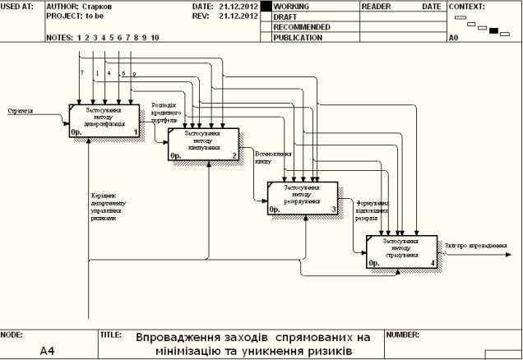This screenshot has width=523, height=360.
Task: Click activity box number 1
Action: point(105,120)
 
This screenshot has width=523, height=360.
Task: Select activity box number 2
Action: point(203,144)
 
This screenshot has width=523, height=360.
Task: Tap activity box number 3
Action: point(303,198)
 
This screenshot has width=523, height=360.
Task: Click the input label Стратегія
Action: point(21,110)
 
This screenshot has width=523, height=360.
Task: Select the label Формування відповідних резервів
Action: point(373,210)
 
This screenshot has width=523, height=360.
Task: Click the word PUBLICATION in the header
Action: point(298,38)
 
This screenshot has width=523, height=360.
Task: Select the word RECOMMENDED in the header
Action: point(302,27)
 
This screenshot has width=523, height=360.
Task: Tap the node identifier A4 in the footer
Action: point(47,351)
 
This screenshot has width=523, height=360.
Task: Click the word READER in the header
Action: point(378,6)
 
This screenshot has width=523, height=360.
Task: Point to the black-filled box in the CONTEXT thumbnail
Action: point(494,32)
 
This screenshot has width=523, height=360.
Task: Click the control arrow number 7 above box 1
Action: point(81,74)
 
